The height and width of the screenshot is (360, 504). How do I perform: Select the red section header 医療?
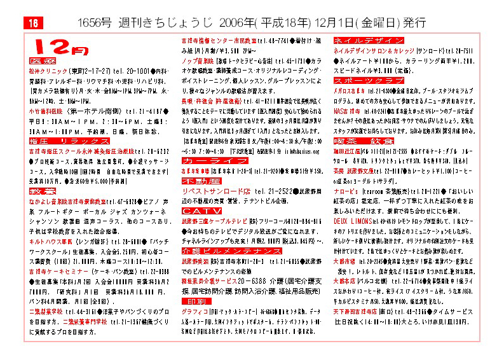[43, 61]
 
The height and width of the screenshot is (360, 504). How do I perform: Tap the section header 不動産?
[193, 181]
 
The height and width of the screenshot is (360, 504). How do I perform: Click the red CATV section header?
[193, 210]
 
